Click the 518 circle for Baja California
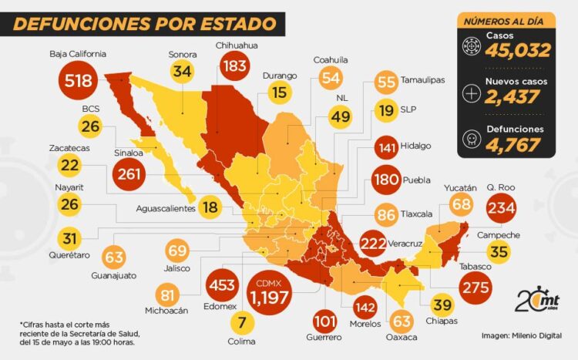pyautogui.click(x=79, y=80)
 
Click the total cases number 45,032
pyautogui.click(x=517, y=51)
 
